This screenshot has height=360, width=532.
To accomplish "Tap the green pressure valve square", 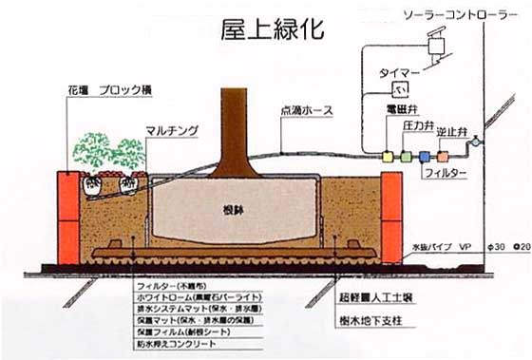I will pos(406,152).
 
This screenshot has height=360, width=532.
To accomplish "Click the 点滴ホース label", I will pos(303,111).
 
